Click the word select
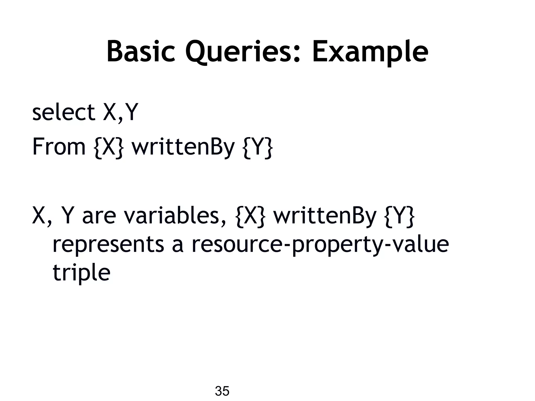63,112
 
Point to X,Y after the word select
120,112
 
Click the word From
59,147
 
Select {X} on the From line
108,147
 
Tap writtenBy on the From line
183,147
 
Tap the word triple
82,273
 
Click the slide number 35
222,391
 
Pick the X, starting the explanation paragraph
41,216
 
